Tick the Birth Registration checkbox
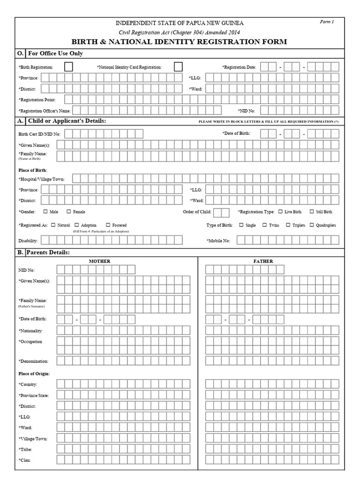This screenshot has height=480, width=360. pyautogui.click(x=68, y=67)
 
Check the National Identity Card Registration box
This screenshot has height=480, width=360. pyautogui.click(x=178, y=67)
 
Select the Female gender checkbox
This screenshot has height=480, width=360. pyautogui.click(x=68, y=212)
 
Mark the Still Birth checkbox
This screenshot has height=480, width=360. pyautogui.click(x=312, y=212)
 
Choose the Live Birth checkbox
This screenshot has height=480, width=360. pyautogui.click(x=280, y=212)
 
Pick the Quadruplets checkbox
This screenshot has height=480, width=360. pyautogui.click(x=312, y=225)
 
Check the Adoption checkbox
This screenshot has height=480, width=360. pyautogui.click(x=77, y=225)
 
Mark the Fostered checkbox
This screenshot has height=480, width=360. pyautogui.click(x=108, y=225)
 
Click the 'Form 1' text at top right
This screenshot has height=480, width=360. pyautogui.click(x=327, y=22)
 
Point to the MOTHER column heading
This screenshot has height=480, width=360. pyautogui.click(x=100, y=261)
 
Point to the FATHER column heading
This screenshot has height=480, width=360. pyautogui.click(x=265, y=261)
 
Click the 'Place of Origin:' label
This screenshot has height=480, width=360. pyautogui.click(x=34, y=374)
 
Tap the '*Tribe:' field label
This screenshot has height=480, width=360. pyautogui.click(x=26, y=450)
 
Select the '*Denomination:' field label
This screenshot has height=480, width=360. pyautogui.click(x=34, y=361)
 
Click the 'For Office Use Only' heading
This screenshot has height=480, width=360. pyautogui.click(x=55, y=53)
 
